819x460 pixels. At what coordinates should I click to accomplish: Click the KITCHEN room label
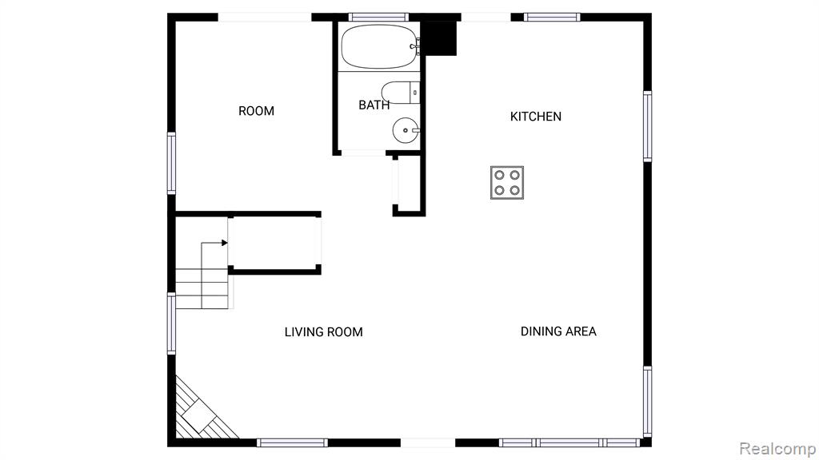pyautogui.click(x=535, y=117)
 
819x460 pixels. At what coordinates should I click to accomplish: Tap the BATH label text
pyautogui.click(x=374, y=105)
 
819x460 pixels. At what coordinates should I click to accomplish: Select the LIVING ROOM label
pyautogui.click(x=323, y=332)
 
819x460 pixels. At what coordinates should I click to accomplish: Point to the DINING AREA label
pyautogui.click(x=558, y=331)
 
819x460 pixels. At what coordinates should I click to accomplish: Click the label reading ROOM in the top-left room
pyautogui.click(x=256, y=111)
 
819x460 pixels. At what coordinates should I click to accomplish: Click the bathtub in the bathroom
pyautogui.click(x=380, y=46)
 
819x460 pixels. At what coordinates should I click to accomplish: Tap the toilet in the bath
pyautogui.click(x=401, y=93)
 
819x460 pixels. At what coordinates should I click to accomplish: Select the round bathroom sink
pyautogui.click(x=406, y=130)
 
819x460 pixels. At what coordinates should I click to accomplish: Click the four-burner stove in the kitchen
pyautogui.click(x=506, y=183)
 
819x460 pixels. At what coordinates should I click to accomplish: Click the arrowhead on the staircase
pyautogui.click(x=225, y=243)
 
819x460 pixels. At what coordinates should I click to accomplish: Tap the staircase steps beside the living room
pyautogui.click(x=202, y=288)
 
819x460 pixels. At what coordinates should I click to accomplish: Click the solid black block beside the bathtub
pyautogui.click(x=439, y=38)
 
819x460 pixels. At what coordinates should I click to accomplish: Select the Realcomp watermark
pyautogui.click(x=777, y=449)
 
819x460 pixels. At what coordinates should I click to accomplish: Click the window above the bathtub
pyautogui.click(x=378, y=18)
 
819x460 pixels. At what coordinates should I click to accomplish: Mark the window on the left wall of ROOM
pyautogui.click(x=171, y=163)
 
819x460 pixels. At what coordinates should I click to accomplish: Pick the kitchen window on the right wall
pyautogui.click(x=647, y=126)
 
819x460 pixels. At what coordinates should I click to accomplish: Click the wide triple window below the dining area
pyautogui.click(x=569, y=442)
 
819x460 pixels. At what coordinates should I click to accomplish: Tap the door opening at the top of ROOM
pyautogui.click(x=264, y=18)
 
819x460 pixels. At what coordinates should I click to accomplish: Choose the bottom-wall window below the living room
pyautogui.click(x=292, y=442)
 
